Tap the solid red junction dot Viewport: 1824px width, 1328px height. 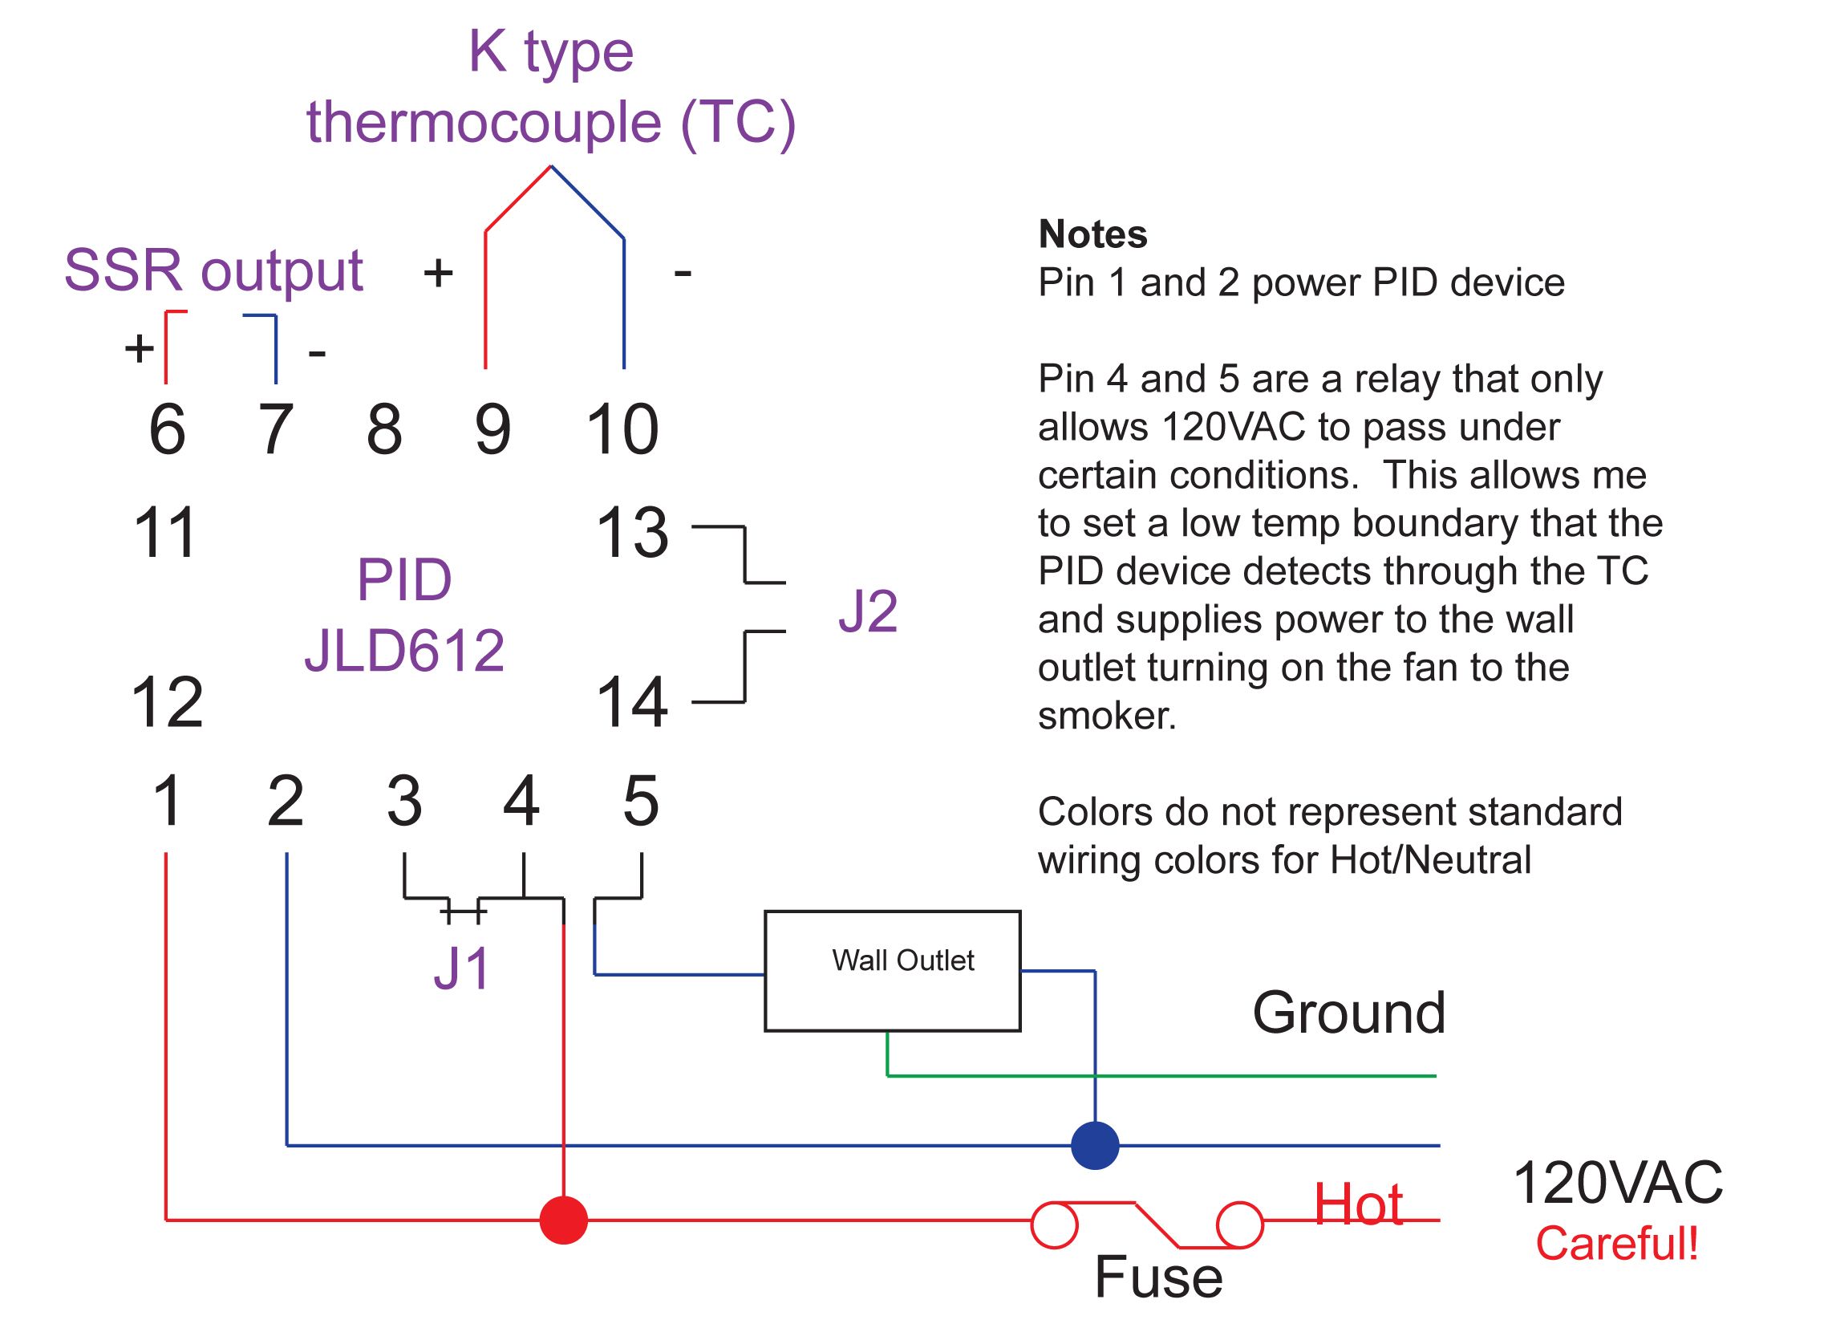click(x=564, y=1220)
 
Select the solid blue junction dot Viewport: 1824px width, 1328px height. click(x=1096, y=1145)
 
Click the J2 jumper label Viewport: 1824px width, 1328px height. click(x=868, y=611)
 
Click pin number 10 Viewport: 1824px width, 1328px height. click(x=622, y=429)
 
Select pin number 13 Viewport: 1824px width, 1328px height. click(x=632, y=533)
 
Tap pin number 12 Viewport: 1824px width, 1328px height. click(x=167, y=702)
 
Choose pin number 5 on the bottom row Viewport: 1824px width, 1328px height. click(x=641, y=801)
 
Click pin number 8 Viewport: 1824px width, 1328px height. click(x=384, y=429)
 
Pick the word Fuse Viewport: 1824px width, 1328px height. click(x=1158, y=1277)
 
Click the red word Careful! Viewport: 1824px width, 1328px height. click(x=1616, y=1244)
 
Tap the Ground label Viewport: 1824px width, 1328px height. click(x=1348, y=1013)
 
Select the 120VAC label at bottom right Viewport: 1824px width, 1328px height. click(x=1617, y=1184)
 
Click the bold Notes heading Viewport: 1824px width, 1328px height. click(x=1092, y=234)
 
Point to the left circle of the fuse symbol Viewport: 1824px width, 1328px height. click(x=1054, y=1225)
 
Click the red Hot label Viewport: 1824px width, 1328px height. click(x=1358, y=1205)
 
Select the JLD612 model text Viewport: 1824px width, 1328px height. click(x=404, y=650)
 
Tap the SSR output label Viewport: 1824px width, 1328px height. click(x=213, y=270)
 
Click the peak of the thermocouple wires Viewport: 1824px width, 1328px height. click(x=551, y=167)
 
